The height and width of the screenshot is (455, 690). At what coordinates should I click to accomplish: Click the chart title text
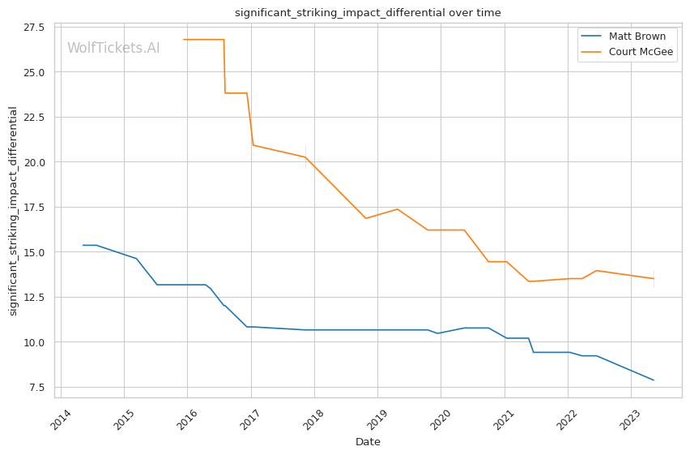(368, 12)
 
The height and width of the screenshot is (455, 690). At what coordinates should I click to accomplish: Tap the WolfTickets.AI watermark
(113, 48)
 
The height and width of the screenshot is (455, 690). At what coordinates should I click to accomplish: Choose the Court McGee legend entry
(641, 52)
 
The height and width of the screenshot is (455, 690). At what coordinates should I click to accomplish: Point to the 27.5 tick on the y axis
(34, 28)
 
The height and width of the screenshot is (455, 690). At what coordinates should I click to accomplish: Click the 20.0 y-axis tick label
(34, 162)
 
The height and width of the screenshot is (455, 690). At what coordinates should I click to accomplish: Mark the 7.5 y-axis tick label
(37, 387)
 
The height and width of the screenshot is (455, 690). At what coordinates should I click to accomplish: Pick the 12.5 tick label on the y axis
(34, 297)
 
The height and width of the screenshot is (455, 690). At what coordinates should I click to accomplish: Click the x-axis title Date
(368, 442)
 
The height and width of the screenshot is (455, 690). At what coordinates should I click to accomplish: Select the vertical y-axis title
(13, 211)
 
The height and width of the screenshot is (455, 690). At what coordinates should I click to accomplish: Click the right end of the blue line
(654, 380)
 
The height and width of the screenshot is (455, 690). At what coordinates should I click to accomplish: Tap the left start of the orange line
(184, 40)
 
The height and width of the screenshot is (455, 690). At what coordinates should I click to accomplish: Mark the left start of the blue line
(83, 245)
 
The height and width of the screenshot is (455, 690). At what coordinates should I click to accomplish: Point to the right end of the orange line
(654, 278)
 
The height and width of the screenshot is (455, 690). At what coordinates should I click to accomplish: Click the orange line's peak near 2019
(397, 209)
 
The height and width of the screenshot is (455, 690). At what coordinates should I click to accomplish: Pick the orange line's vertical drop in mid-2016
(224, 67)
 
